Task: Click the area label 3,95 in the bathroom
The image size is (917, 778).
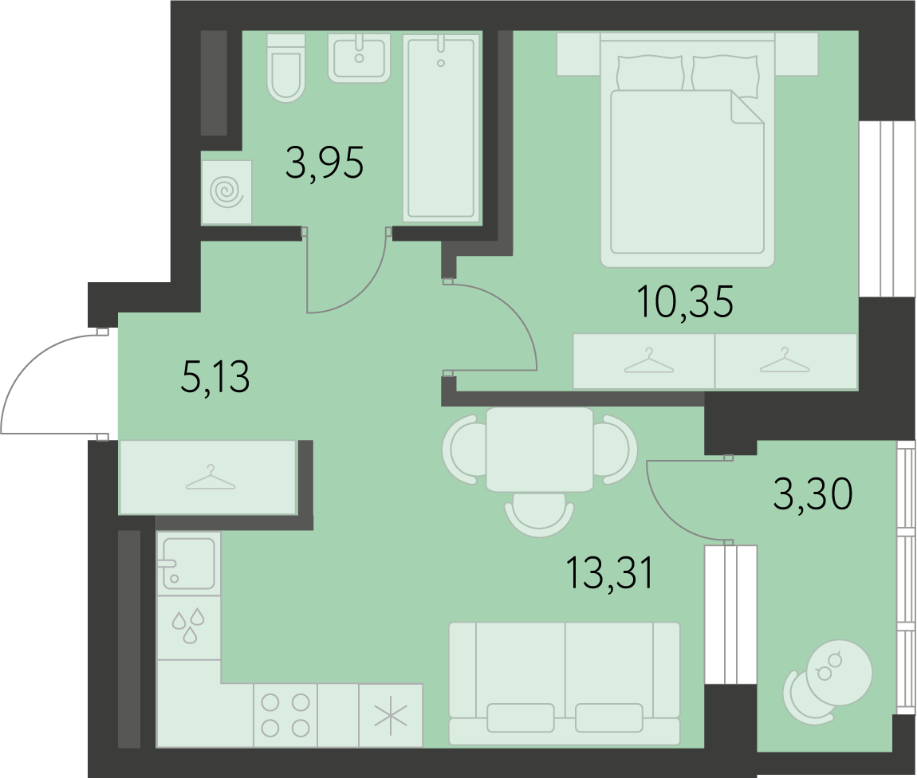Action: point(325,163)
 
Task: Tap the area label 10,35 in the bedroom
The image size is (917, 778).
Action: point(687,302)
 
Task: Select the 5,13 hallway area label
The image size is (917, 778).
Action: point(216,377)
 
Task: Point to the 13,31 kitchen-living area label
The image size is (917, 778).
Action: point(610,573)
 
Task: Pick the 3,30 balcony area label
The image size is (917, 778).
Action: point(813,494)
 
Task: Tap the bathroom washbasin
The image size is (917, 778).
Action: point(359,58)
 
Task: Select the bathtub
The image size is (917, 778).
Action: point(441,128)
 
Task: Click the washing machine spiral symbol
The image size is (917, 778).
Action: point(227,192)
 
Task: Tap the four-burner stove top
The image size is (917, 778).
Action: point(285,715)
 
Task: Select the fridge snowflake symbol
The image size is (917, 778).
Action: point(391,715)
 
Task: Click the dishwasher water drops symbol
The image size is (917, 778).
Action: point(188,626)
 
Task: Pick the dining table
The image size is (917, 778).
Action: point(540,449)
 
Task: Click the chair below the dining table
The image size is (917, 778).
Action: point(539,514)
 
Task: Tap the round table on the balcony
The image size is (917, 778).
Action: point(839,673)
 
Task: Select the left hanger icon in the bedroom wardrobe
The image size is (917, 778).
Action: point(649,360)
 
